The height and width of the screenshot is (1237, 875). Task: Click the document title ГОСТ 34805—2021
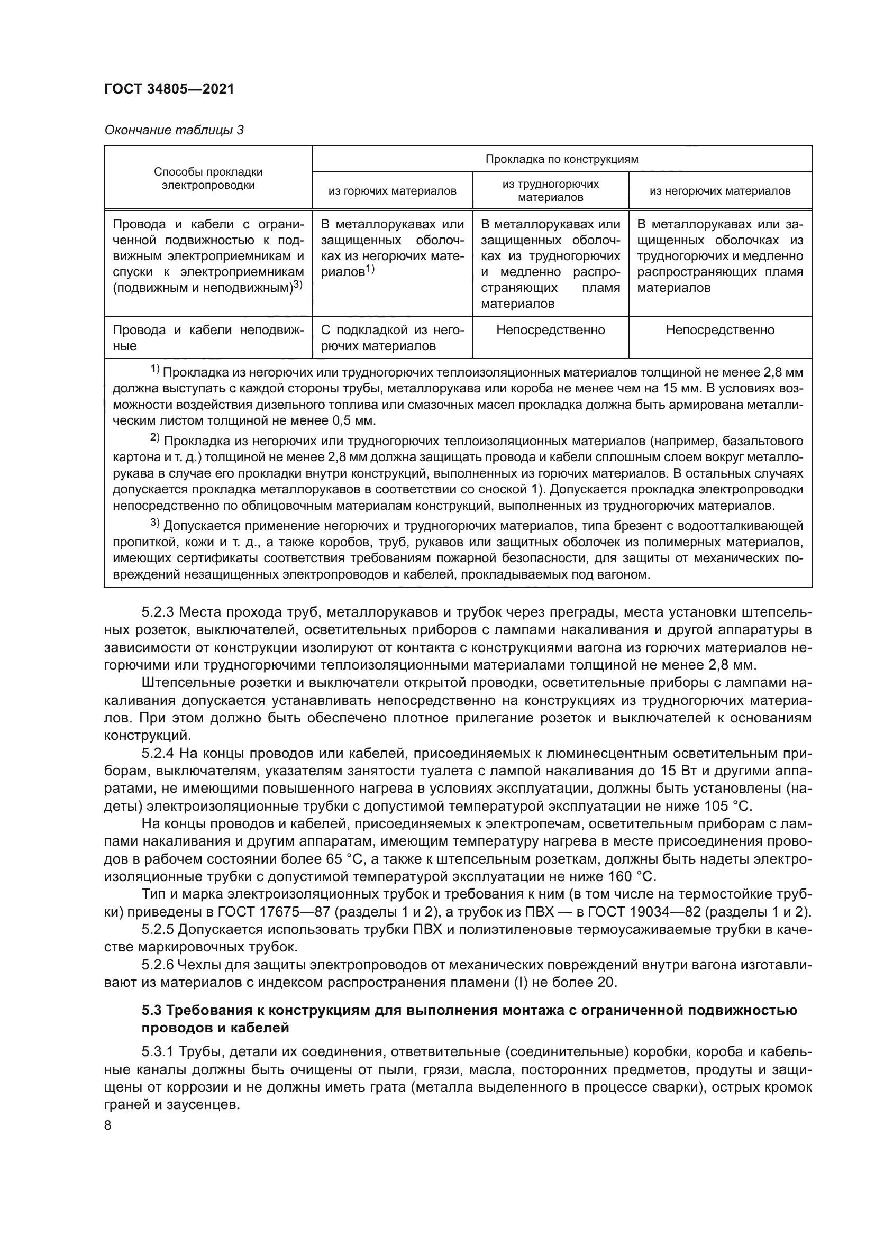coord(169,89)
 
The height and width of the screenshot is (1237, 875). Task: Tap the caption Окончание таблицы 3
coord(174,131)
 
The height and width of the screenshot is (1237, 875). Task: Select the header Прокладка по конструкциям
coord(561,159)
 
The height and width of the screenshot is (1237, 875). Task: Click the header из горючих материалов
coord(392,191)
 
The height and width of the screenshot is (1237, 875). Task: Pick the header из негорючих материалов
coord(720,191)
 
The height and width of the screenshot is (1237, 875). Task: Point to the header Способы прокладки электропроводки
coord(208,178)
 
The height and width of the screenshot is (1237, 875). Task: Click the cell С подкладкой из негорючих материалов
coord(392,338)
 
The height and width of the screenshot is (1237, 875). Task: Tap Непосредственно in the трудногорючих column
coord(550,329)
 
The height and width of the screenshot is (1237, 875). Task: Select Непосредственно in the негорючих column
coord(720,329)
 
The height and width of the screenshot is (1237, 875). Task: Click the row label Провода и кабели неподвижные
coord(208,338)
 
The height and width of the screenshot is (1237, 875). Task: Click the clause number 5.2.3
coord(158,612)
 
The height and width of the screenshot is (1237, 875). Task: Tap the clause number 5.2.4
coord(158,753)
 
